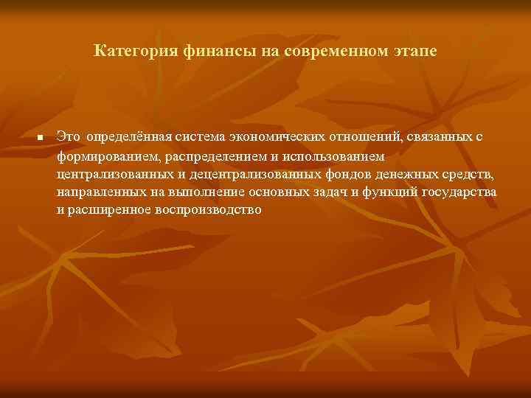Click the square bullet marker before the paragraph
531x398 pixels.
point(41,139)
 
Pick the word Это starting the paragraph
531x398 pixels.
point(68,138)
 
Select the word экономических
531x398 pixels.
point(274,138)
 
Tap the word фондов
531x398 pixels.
point(346,174)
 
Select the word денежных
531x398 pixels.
point(400,174)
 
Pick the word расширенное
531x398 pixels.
point(109,209)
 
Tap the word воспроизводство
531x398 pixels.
point(209,209)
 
